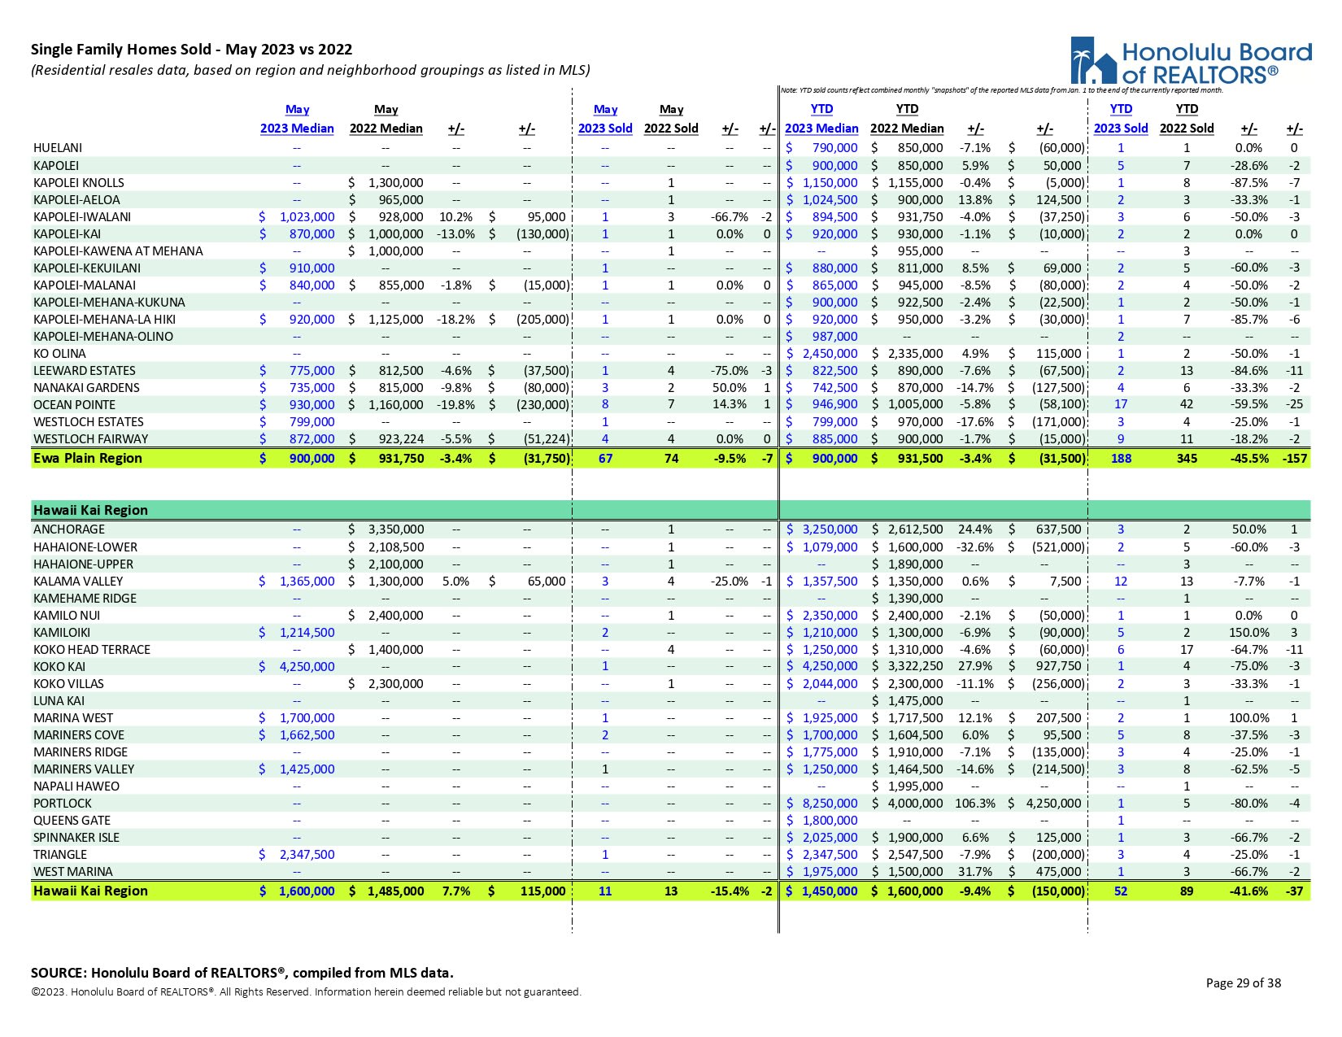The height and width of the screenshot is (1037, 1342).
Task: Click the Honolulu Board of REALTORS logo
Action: click(1190, 61)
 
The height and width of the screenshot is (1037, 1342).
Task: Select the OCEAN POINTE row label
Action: click(74, 405)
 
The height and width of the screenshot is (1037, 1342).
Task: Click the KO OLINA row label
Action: click(59, 354)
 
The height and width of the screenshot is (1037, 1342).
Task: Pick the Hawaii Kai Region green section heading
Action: click(90, 510)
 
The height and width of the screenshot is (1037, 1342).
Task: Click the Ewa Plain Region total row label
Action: click(87, 458)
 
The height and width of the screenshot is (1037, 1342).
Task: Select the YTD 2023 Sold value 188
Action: click(1121, 458)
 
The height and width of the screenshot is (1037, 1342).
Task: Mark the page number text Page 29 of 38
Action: click(1243, 983)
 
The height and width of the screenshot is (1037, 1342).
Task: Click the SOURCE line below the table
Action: click(242, 973)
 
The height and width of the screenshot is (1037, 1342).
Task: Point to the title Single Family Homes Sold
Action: click(191, 50)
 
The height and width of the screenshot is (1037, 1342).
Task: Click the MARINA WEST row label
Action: click(73, 718)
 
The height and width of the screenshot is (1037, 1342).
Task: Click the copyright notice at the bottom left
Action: click(306, 992)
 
